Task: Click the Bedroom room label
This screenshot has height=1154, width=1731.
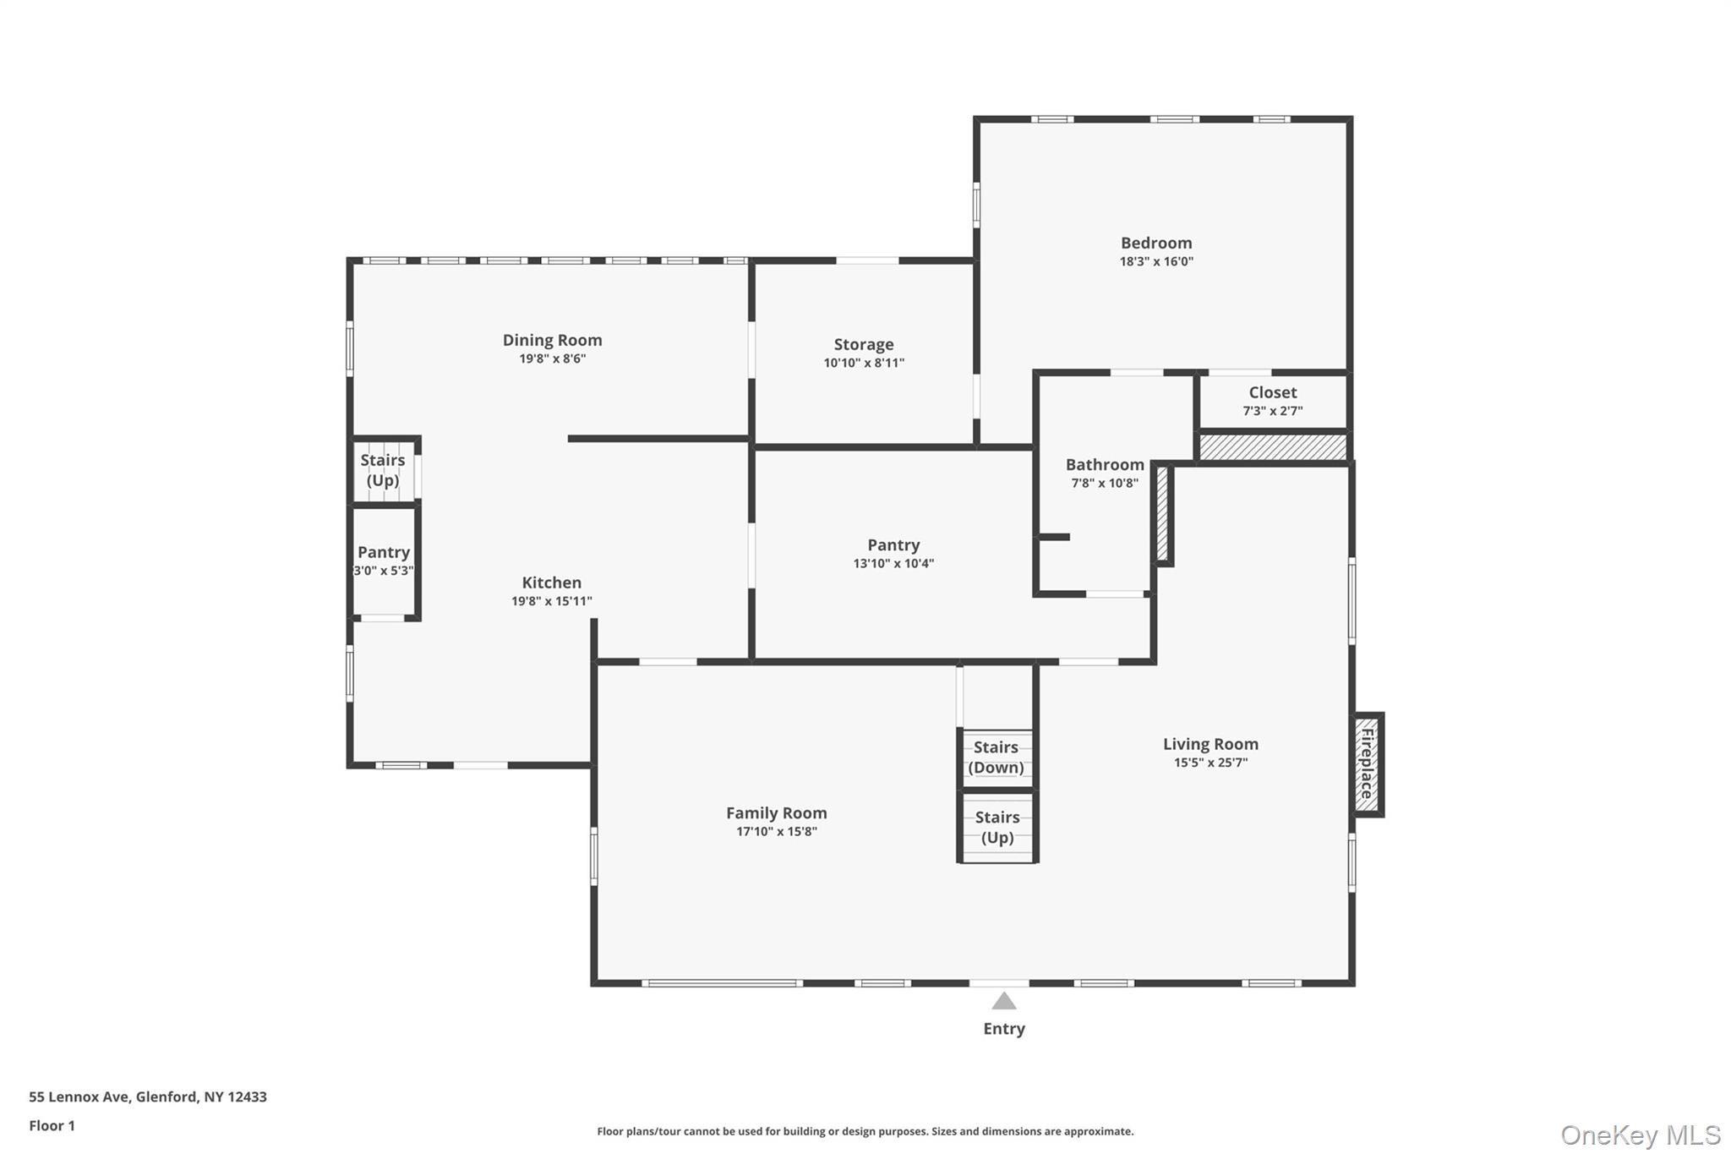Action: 1155,243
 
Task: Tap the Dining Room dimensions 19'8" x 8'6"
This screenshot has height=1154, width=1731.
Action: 552,358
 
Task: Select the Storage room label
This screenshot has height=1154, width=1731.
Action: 863,344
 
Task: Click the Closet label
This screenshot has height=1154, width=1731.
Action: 1272,392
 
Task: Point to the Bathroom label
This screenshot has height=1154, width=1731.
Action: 1104,464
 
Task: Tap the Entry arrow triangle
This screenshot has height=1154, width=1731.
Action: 1003,1002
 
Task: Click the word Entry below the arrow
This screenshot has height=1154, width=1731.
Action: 1003,1029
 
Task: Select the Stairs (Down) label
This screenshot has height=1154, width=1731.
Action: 996,757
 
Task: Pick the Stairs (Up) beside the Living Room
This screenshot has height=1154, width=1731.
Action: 997,827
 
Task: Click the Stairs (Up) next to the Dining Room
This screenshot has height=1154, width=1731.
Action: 382,470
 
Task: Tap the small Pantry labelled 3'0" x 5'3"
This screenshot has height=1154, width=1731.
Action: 383,560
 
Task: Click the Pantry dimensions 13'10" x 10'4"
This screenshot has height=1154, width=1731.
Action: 893,564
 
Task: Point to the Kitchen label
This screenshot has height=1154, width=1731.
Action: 551,582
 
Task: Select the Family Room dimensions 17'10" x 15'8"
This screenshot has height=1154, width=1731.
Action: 776,832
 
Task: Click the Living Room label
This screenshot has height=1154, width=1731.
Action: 1210,744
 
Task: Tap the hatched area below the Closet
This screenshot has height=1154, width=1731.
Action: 1272,447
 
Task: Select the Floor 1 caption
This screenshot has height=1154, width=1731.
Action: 52,1125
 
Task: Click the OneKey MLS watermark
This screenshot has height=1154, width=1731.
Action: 1640,1135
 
